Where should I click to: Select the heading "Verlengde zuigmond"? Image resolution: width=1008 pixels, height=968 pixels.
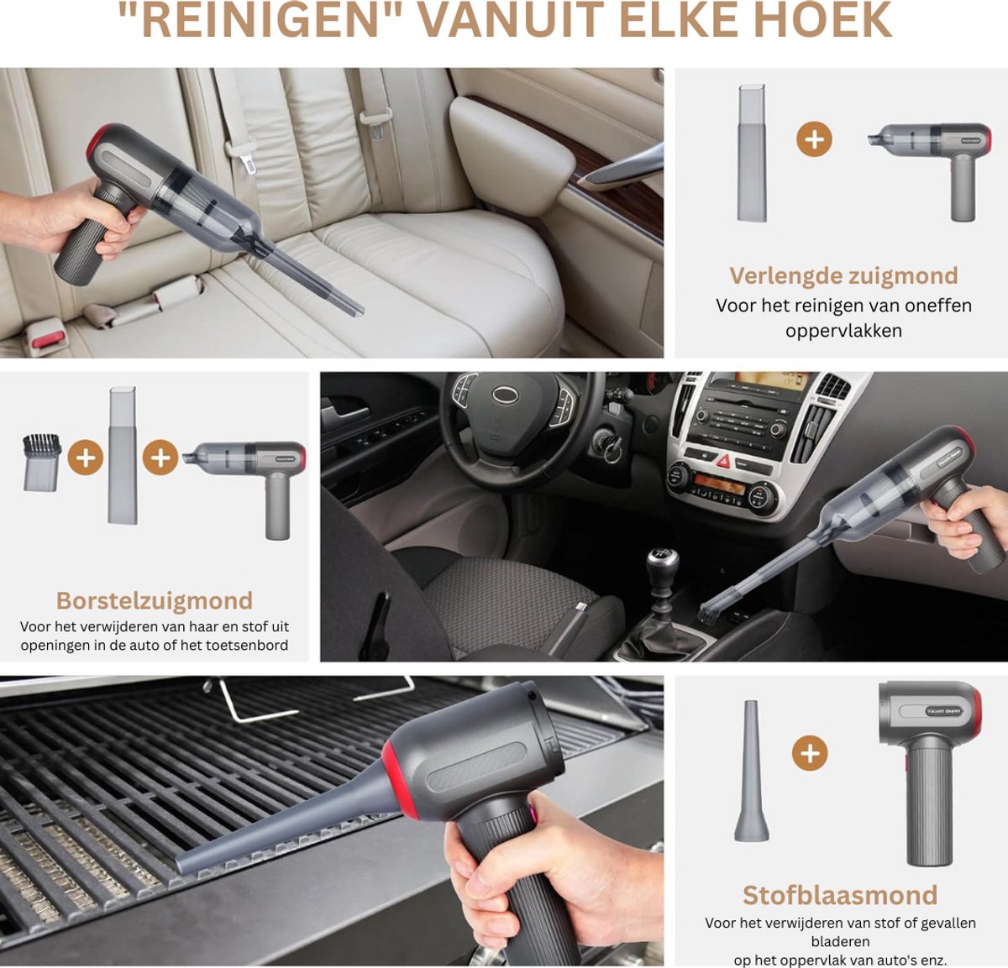click(843, 275)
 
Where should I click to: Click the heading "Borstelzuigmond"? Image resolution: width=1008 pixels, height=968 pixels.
click(155, 600)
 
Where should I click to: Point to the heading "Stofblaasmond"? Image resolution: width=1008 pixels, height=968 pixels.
click(840, 895)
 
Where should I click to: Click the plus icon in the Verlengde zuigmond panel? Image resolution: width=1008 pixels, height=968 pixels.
click(814, 139)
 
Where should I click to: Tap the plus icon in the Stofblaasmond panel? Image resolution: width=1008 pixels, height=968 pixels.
click(810, 753)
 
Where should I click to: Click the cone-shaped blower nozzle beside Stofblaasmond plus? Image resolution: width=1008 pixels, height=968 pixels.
click(750, 772)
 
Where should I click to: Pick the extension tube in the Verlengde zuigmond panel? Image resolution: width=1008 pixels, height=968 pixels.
click(752, 153)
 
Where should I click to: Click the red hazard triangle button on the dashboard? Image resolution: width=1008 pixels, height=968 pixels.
click(722, 461)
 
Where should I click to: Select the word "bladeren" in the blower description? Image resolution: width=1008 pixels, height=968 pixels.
click(840, 941)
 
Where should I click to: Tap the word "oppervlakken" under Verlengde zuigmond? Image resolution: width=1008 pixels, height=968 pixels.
click(843, 331)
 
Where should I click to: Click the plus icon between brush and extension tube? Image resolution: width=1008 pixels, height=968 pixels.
click(85, 458)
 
